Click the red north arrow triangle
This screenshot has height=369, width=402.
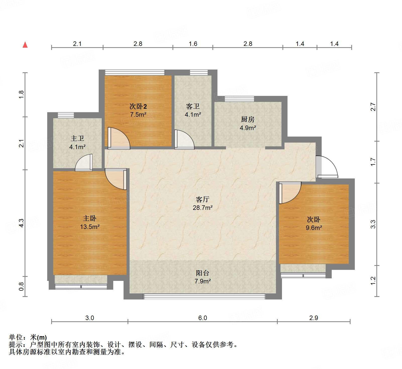25,45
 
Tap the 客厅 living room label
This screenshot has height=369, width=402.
203,199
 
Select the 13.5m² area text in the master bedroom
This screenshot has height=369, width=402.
90,227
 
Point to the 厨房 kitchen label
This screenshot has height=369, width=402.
248,119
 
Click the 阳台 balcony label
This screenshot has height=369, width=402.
203,273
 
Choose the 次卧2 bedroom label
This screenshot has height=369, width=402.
138,106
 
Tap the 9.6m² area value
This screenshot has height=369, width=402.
314,228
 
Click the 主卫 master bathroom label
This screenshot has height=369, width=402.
77,138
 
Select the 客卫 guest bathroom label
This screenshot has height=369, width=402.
193,106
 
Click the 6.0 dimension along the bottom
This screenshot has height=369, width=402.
203,318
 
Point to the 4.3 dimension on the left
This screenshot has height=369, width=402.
21,223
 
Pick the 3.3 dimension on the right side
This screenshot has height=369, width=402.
373,224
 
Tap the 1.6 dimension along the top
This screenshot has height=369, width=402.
193,44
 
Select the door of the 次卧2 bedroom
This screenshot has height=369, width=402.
119,138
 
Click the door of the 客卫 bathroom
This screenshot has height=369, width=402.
185,140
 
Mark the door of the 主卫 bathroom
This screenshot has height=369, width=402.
84,163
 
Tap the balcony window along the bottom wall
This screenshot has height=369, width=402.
204,296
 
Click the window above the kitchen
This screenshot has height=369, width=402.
239,99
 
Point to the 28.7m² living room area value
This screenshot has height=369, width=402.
203,208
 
